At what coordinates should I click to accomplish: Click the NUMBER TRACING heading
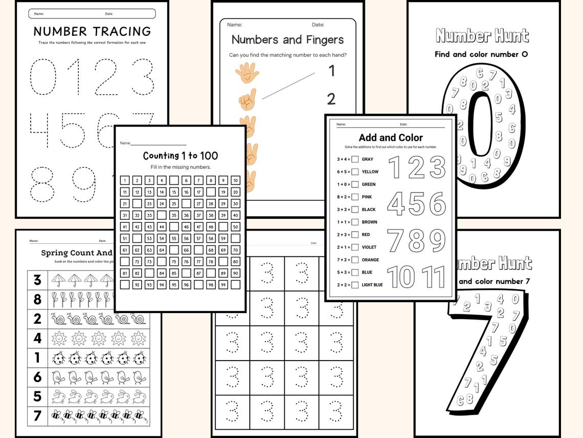click(x=92, y=31)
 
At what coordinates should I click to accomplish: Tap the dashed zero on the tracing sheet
click(x=42, y=77)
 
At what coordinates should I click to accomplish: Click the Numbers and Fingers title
click(x=287, y=39)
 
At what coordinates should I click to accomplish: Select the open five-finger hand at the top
click(x=247, y=73)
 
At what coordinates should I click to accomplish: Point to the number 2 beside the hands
click(x=331, y=98)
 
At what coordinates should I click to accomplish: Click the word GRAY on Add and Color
click(x=368, y=159)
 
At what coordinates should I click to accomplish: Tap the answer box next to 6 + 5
click(x=355, y=172)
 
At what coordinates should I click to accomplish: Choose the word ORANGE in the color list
click(x=371, y=260)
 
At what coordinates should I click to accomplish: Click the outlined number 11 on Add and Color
click(x=434, y=277)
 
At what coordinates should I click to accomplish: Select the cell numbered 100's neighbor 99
click(x=223, y=284)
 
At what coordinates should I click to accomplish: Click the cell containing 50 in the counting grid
click(x=235, y=226)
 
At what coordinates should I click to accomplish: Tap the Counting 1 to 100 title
click(x=181, y=156)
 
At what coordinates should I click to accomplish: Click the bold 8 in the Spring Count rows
click(x=37, y=299)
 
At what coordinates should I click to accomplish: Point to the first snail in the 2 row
click(x=59, y=319)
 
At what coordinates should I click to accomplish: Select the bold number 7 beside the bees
click(x=37, y=415)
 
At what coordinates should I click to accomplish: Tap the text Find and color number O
click(x=481, y=54)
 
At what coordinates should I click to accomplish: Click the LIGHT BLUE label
click(x=372, y=285)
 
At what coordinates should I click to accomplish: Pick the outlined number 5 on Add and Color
click(x=416, y=204)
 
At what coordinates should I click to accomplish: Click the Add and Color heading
click(x=391, y=137)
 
